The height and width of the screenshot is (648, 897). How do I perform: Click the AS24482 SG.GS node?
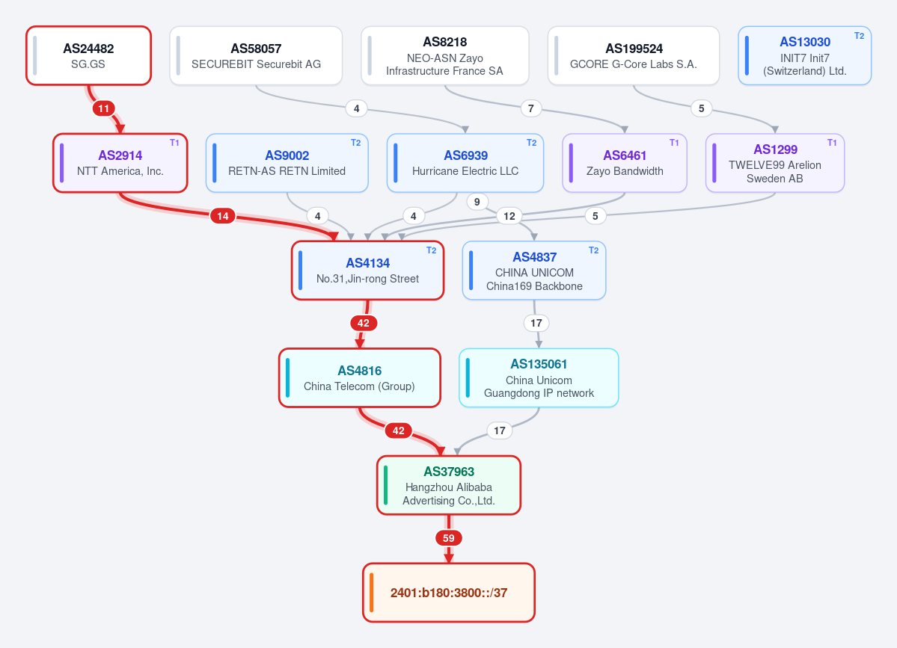(x=89, y=56)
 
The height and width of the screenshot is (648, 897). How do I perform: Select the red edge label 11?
(x=103, y=108)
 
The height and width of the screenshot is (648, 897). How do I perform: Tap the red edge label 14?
(x=223, y=216)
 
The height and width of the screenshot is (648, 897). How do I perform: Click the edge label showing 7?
(x=531, y=108)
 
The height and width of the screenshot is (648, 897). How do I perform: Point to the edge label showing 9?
(x=477, y=202)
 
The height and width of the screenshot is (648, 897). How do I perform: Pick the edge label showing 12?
(x=509, y=216)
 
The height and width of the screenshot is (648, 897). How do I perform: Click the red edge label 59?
(x=449, y=538)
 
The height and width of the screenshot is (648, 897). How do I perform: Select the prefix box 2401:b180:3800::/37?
(x=449, y=593)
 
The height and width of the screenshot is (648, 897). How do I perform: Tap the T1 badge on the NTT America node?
(x=174, y=143)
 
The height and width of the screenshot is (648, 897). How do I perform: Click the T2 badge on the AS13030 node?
(x=860, y=35)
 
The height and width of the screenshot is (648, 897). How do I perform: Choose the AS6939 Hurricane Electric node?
(x=465, y=163)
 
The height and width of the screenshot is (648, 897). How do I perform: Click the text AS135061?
(x=539, y=364)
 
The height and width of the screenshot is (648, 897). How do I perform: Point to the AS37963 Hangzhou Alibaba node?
(x=449, y=485)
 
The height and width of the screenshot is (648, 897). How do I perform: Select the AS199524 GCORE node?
(x=634, y=56)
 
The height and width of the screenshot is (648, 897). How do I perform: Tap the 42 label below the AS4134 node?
(x=364, y=324)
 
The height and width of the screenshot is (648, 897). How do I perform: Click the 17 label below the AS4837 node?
(x=536, y=324)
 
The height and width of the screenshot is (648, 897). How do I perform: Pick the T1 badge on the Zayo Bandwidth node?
(x=675, y=143)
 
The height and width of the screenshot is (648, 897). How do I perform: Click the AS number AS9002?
(x=287, y=155)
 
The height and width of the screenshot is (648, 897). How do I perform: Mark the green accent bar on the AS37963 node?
(x=385, y=485)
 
